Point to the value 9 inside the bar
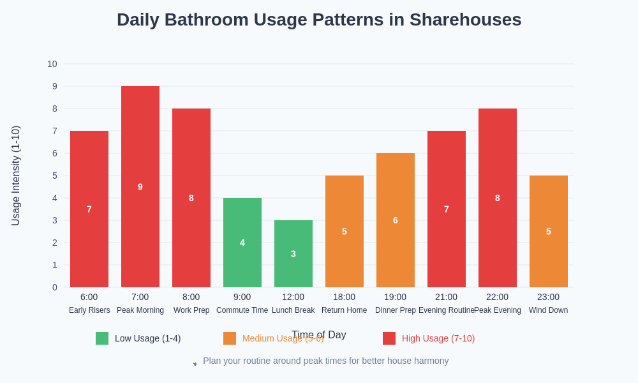coord(140,187)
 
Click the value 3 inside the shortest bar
coord(293,254)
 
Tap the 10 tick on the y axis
coord(52,64)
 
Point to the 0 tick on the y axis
coord(55,287)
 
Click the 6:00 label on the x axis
coord(89,297)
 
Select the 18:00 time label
coord(345,297)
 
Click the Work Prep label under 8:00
coord(191,310)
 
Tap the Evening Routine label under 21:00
coord(447,310)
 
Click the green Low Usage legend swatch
coord(102,338)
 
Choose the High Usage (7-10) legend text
coord(438,338)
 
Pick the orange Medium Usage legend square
coord(230,338)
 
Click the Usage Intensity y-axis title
coord(16,176)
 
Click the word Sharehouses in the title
coord(465,20)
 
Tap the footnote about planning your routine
coord(325,361)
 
